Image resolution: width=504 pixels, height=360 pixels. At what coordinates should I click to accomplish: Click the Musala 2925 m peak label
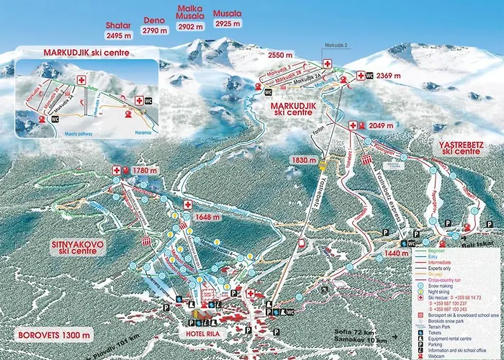[228, 19]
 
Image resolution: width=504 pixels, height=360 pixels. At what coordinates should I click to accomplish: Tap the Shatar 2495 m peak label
[118, 30]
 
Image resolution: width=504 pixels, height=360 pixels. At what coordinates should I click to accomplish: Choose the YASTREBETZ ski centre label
[460, 148]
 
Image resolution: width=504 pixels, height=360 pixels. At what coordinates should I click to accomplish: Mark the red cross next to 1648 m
[188, 204]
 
